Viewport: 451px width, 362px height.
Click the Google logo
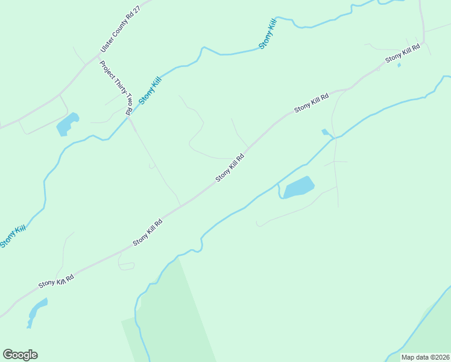click(20, 355)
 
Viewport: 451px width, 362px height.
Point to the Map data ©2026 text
click(425, 357)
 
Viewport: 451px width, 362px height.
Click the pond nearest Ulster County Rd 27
click(68, 124)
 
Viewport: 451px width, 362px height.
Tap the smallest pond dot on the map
click(399, 65)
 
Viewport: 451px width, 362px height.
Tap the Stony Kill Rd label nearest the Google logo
click(56, 281)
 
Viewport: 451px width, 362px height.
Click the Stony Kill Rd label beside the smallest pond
click(402, 56)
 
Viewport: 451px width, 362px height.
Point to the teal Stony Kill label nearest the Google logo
click(13, 236)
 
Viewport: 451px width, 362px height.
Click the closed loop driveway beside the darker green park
click(127, 266)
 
